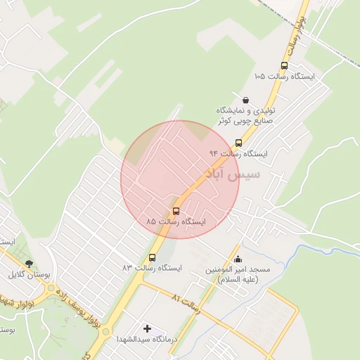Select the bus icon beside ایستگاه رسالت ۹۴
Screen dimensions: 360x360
[239, 143]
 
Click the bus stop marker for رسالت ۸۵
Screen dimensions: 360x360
[176, 211]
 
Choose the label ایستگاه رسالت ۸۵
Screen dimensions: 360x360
[176, 221]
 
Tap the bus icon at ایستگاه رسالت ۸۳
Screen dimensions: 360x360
[152, 257]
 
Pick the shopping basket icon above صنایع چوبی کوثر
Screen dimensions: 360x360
[245, 100]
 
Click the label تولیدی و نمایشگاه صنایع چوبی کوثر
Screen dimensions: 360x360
[246, 116]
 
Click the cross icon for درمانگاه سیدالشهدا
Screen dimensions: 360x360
[147, 328]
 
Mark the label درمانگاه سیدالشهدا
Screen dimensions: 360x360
[147, 339]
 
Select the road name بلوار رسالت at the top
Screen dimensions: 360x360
[295, 28]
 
